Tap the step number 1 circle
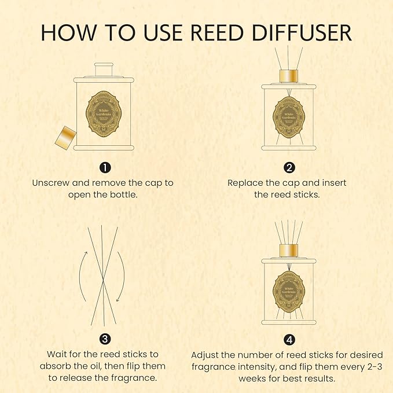[x=104, y=168]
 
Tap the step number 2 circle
[x=289, y=168]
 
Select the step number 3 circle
[x=104, y=339]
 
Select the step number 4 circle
[x=289, y=339]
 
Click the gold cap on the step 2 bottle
[x=288, y=77]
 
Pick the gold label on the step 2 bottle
[x=289, y=116]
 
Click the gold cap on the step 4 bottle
[x=288, y=251]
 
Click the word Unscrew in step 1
[x=51, y=183]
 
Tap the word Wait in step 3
[x=57, y=354]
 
